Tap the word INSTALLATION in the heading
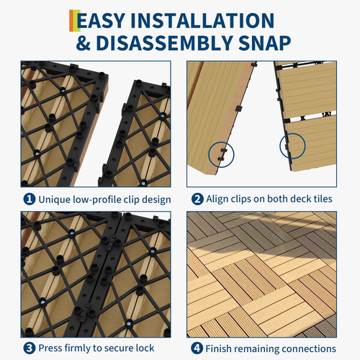(202, 21)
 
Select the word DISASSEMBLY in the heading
(165, 43)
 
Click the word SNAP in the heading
(265, 43)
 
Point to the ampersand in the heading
(84, 43)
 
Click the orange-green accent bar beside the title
(75, 21)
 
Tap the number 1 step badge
(30, 199)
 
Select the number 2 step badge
(197, 199)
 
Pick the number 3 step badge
(30, 348)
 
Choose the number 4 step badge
(197, 348)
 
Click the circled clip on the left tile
(223, 155)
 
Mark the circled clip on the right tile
(287, 147)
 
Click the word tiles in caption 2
(323, 199)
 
